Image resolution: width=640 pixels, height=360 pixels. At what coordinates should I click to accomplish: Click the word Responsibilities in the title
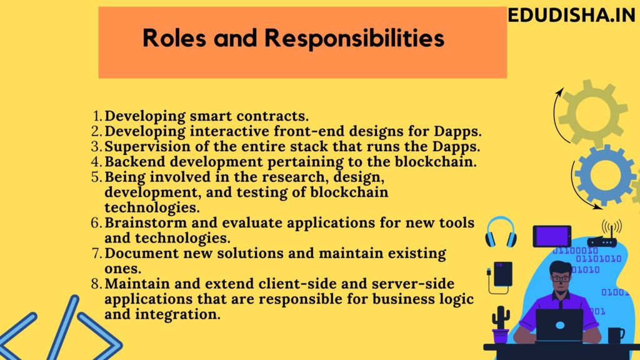coord(354,38)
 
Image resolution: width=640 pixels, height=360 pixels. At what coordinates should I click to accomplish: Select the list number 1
coord(97,116)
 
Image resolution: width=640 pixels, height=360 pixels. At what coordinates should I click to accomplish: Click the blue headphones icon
coord(501,231)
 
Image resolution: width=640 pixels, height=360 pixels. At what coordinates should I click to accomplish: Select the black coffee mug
coord(615,335)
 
